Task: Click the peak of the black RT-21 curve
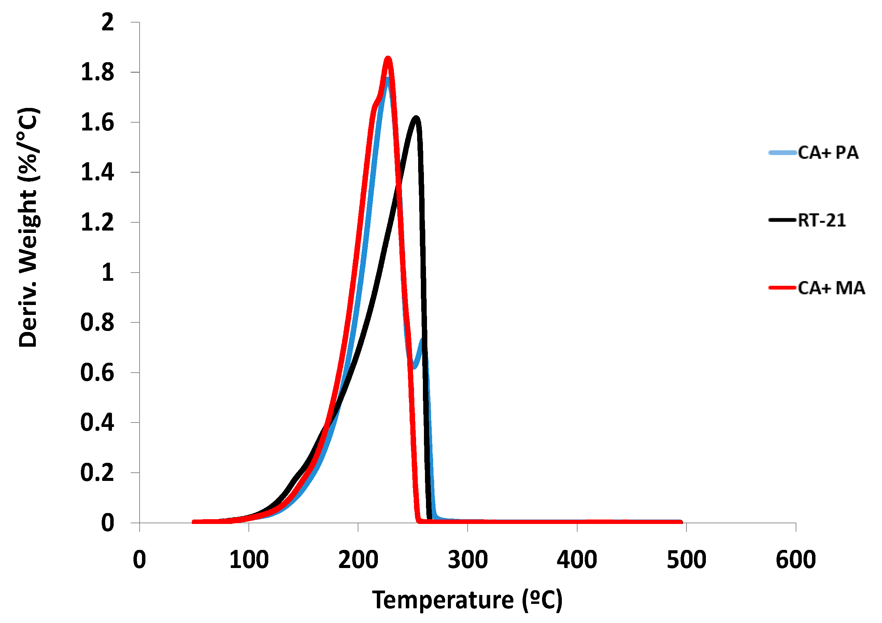416,117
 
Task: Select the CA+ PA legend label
828,153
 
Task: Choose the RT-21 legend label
822,220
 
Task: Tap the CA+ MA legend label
831,288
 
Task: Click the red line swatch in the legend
782,288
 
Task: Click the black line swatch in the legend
782,220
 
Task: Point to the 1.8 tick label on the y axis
97,72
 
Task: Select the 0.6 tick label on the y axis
97,373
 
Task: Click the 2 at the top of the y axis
108,22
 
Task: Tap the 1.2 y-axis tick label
97,223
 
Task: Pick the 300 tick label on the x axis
468,560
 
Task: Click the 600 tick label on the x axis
796,560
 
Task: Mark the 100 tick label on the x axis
249,560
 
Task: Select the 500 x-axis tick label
686,560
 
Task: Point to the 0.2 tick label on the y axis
97,473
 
